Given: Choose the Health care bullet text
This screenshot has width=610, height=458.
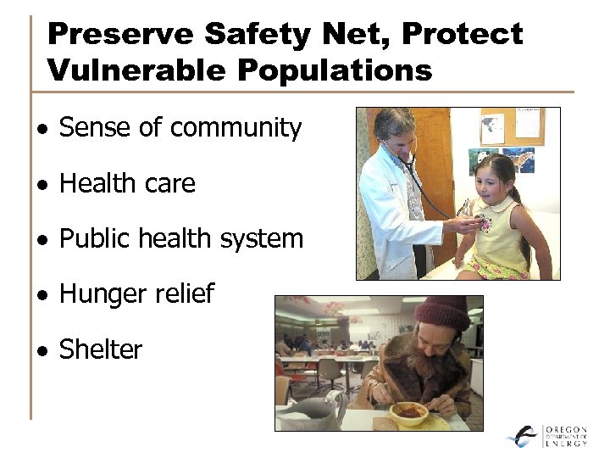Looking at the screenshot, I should tap(127, 183).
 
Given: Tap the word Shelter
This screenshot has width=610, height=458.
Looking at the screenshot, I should tap(100, 349).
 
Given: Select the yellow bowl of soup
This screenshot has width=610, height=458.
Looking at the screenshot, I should tap(408, 413).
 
